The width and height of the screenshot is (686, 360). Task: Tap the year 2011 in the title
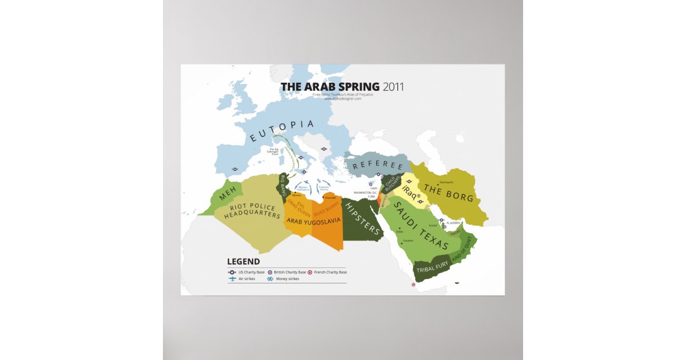393,87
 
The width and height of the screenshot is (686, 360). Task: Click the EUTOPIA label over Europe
282,130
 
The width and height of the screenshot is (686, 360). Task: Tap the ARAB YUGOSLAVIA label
313,220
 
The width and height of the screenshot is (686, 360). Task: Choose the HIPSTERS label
362,219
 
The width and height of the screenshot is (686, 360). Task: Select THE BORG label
448,193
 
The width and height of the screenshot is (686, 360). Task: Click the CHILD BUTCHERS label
392,183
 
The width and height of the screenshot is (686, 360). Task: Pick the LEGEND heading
243,262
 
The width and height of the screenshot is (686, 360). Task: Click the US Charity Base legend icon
232,272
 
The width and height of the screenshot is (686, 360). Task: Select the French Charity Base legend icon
310,272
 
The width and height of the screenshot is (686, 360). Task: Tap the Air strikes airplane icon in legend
232,279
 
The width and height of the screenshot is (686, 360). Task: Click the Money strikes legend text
287,279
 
